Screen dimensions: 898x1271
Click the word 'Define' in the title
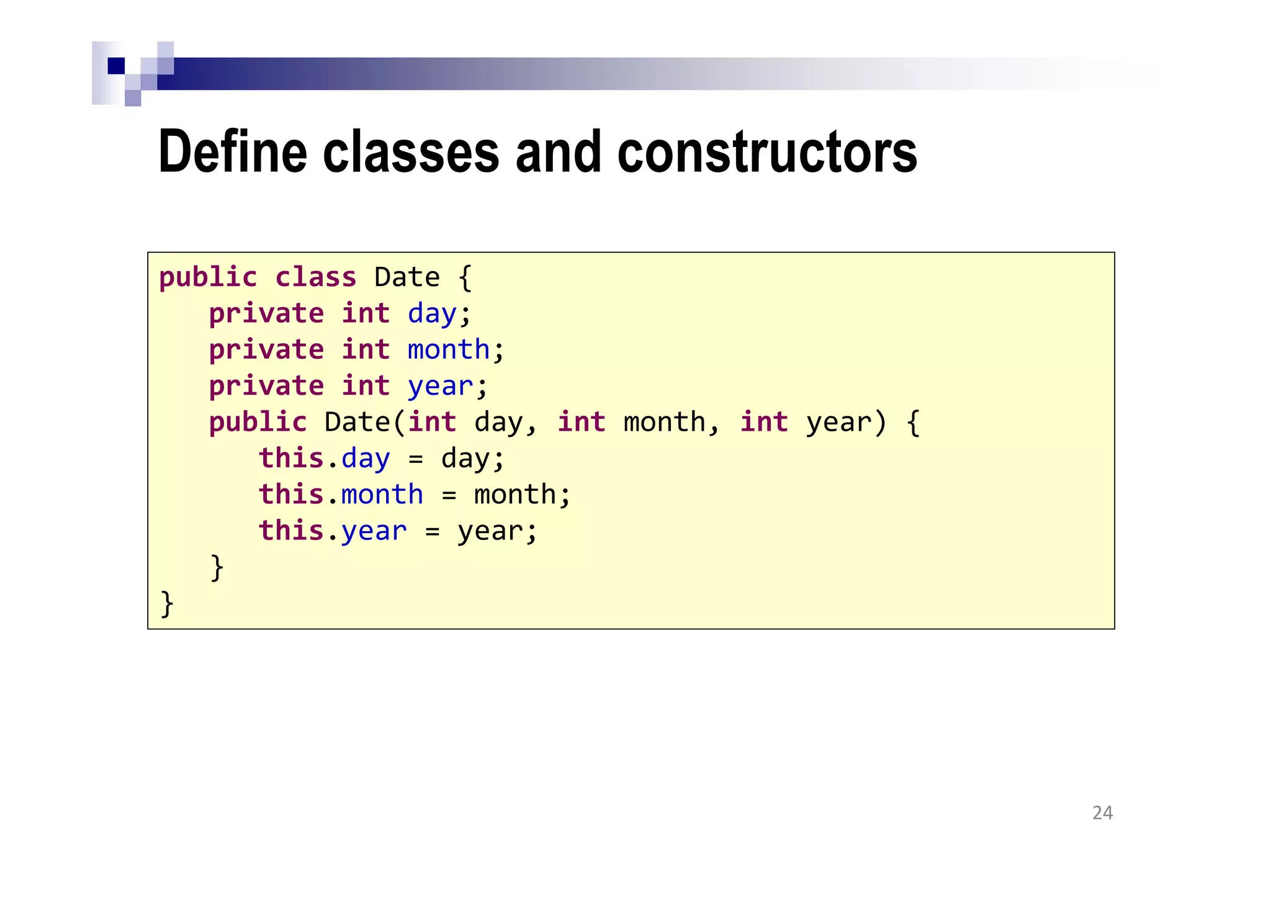click(233, 152)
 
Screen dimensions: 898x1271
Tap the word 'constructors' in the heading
click(767, 152)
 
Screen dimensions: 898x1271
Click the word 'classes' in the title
click(410, 152)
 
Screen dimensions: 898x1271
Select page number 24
click(1102, 813)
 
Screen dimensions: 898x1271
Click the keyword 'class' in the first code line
click(315, 277)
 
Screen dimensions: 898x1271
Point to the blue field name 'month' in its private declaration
click(449, 350)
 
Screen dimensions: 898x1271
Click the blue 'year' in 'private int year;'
click(440, 387)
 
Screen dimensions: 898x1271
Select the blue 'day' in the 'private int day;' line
click(432, 314)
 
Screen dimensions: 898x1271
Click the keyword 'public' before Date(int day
click(258, 423)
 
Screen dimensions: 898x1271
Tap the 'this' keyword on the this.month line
click(291, 495)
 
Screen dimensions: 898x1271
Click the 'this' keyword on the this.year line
click(291, 531)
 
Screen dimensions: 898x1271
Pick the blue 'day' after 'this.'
click(366, 459)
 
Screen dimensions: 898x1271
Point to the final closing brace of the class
click(167, 604)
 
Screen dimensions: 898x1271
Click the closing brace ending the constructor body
click(217, 567)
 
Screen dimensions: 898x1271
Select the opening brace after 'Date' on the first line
click(465, 277)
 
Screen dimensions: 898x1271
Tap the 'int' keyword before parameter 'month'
click(582, 423)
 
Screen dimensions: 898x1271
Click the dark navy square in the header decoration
click(116, 66)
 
